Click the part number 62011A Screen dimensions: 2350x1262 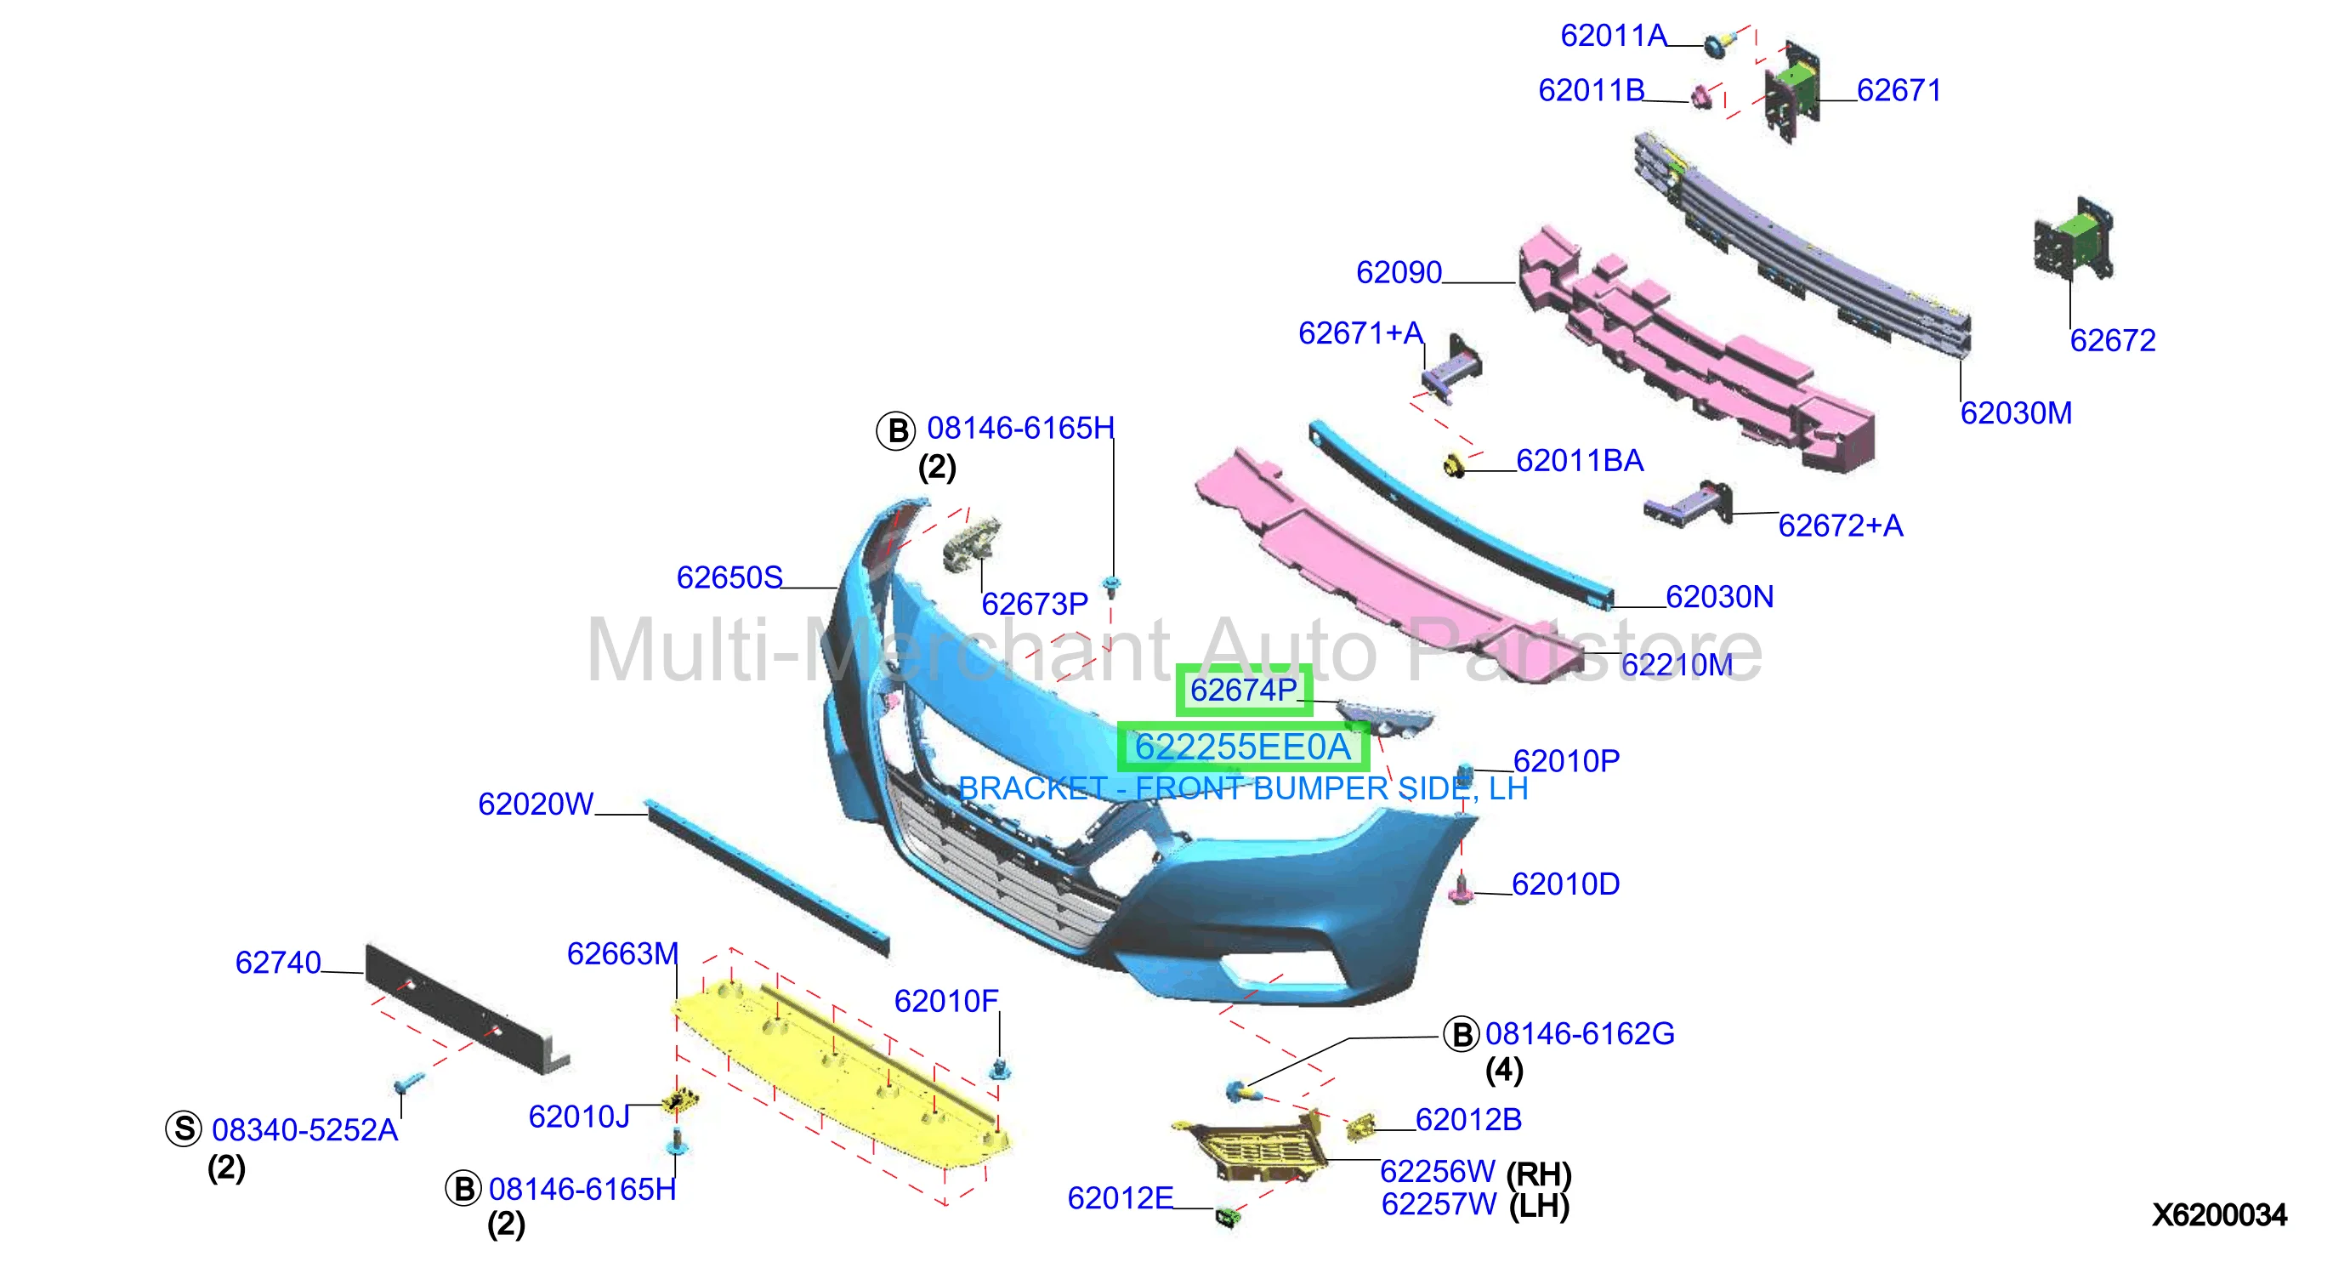point(1613,36)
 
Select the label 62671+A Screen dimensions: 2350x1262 point(1360,333)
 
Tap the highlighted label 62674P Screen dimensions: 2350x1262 point(1243,690)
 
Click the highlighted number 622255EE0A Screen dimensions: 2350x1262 point(1242,747)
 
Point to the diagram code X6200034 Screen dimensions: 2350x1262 point(2218,1214)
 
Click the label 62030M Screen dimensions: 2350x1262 point(2016,412)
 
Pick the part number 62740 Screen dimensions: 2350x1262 point(278,962)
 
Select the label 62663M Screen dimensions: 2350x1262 point(623,953)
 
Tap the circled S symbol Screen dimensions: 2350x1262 point(184,1128)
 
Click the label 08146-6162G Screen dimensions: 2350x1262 point(1579,1033)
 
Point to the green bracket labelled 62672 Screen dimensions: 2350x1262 point(2074,239)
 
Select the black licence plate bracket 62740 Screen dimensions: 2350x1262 point(465,1009)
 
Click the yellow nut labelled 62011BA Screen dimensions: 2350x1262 point(1454,465)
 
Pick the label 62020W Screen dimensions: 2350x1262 point(536,804)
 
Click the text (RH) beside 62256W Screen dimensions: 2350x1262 point(1538,1174)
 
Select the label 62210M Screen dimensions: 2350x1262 point(1677,664)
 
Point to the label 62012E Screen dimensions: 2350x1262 point(1121,1198)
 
